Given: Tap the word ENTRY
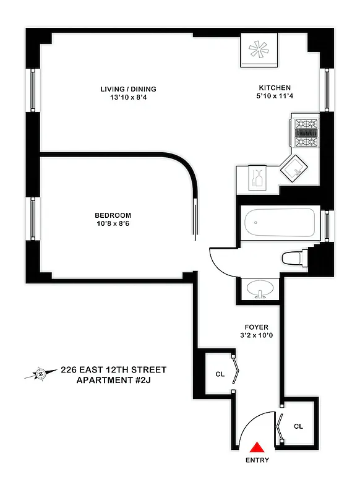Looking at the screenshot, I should click(x=257, y=460).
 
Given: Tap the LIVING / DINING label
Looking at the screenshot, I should click(x=129, y=88).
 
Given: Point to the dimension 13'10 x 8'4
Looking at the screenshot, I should click(x=129, y=98).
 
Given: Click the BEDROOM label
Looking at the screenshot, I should click(x=114, y=215).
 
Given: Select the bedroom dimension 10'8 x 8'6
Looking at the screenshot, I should click(x=114, y=224).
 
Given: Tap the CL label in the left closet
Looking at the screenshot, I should click(x=220, y=374).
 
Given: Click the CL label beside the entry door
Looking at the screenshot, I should click(x=298, y=426).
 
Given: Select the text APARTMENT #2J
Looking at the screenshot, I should click(x=113, y=380).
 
